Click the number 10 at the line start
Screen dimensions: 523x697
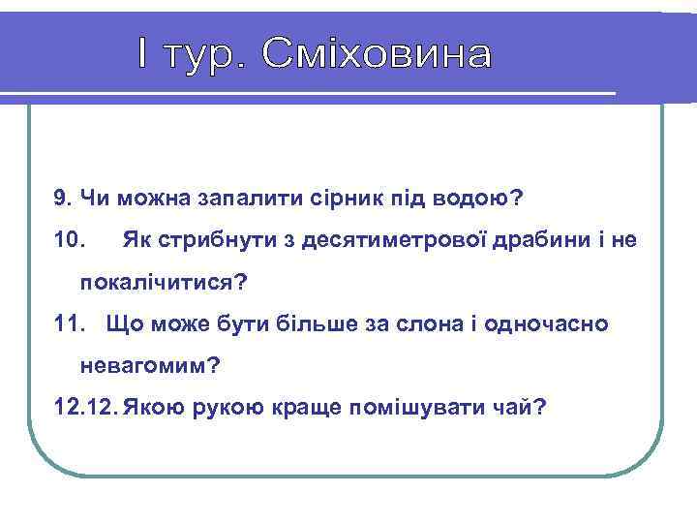click(x=71, y=239)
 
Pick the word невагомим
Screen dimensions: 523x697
click(x=150, y=365)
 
